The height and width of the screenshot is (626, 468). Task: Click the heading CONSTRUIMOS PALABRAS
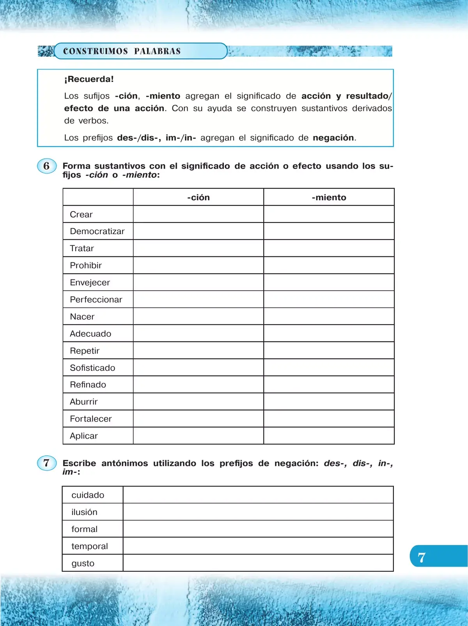[122, 51]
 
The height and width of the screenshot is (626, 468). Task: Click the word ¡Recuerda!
[89, 79]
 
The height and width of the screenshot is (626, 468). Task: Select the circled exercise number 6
[47, 166]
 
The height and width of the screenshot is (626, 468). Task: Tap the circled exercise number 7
[47, 463]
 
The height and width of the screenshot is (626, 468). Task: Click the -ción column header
[198, 197]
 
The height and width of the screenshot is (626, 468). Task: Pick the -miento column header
[329, 197]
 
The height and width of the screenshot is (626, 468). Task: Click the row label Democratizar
[97, 231]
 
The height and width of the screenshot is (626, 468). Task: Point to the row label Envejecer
[90, 283]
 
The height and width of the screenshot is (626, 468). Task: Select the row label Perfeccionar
[96, 300]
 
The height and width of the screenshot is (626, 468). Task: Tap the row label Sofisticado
[92, 368]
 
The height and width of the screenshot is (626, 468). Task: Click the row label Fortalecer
[90, 419]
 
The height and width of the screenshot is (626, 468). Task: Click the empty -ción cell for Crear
[198, 214]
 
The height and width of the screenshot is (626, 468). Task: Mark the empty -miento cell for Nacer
[329, 317]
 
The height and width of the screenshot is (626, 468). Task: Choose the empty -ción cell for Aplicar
[198, 436]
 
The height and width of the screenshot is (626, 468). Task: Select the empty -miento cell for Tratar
[329, 249]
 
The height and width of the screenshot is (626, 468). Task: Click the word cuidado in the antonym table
[88, 495]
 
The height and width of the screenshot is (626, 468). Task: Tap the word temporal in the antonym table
[90, 546]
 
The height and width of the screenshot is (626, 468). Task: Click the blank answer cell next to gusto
[258, 563]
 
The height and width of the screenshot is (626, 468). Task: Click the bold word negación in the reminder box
[333, 138]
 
